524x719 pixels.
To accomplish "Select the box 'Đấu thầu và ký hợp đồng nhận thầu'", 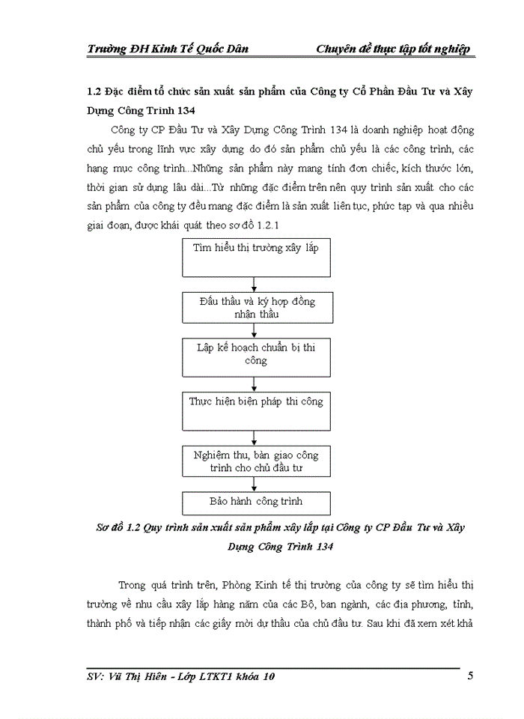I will point(256,308).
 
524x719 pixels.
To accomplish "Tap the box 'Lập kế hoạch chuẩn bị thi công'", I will point(256,357).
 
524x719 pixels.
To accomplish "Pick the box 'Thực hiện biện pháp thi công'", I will point(256,409).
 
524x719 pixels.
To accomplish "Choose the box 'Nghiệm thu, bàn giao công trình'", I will point(256,461).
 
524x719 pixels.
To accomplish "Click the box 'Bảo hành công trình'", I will point(256,502).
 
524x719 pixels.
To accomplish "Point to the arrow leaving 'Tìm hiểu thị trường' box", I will point(256,285).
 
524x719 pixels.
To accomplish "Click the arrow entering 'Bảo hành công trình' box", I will point(256,485).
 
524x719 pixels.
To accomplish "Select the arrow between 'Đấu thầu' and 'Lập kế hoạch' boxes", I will point(256,331).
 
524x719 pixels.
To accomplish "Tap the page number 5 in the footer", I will point(470,677).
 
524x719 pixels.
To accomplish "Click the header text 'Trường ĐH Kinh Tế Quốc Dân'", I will point(168,49).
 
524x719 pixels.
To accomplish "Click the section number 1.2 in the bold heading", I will point(95,91).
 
